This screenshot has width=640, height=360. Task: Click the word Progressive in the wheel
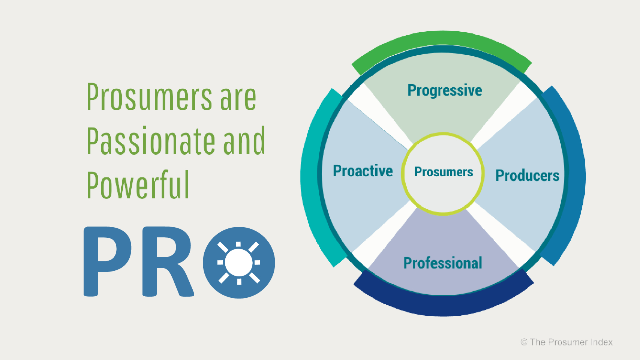(445, 91)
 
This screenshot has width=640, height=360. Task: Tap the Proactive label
(363, 171)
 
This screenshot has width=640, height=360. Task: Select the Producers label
(527, 175)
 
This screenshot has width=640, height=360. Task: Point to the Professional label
(442, 263)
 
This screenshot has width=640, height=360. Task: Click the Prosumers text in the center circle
(444, 172)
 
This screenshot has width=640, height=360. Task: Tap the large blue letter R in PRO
(167, 261)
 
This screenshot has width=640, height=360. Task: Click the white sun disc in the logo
(238, 262)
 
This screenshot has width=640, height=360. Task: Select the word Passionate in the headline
(151, 141)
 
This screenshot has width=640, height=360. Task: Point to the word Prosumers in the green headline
(150, 97)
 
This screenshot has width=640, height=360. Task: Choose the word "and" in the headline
(244, 141)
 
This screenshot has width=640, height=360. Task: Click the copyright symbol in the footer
(524, 342)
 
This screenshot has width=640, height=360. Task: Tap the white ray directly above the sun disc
(238, 244)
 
